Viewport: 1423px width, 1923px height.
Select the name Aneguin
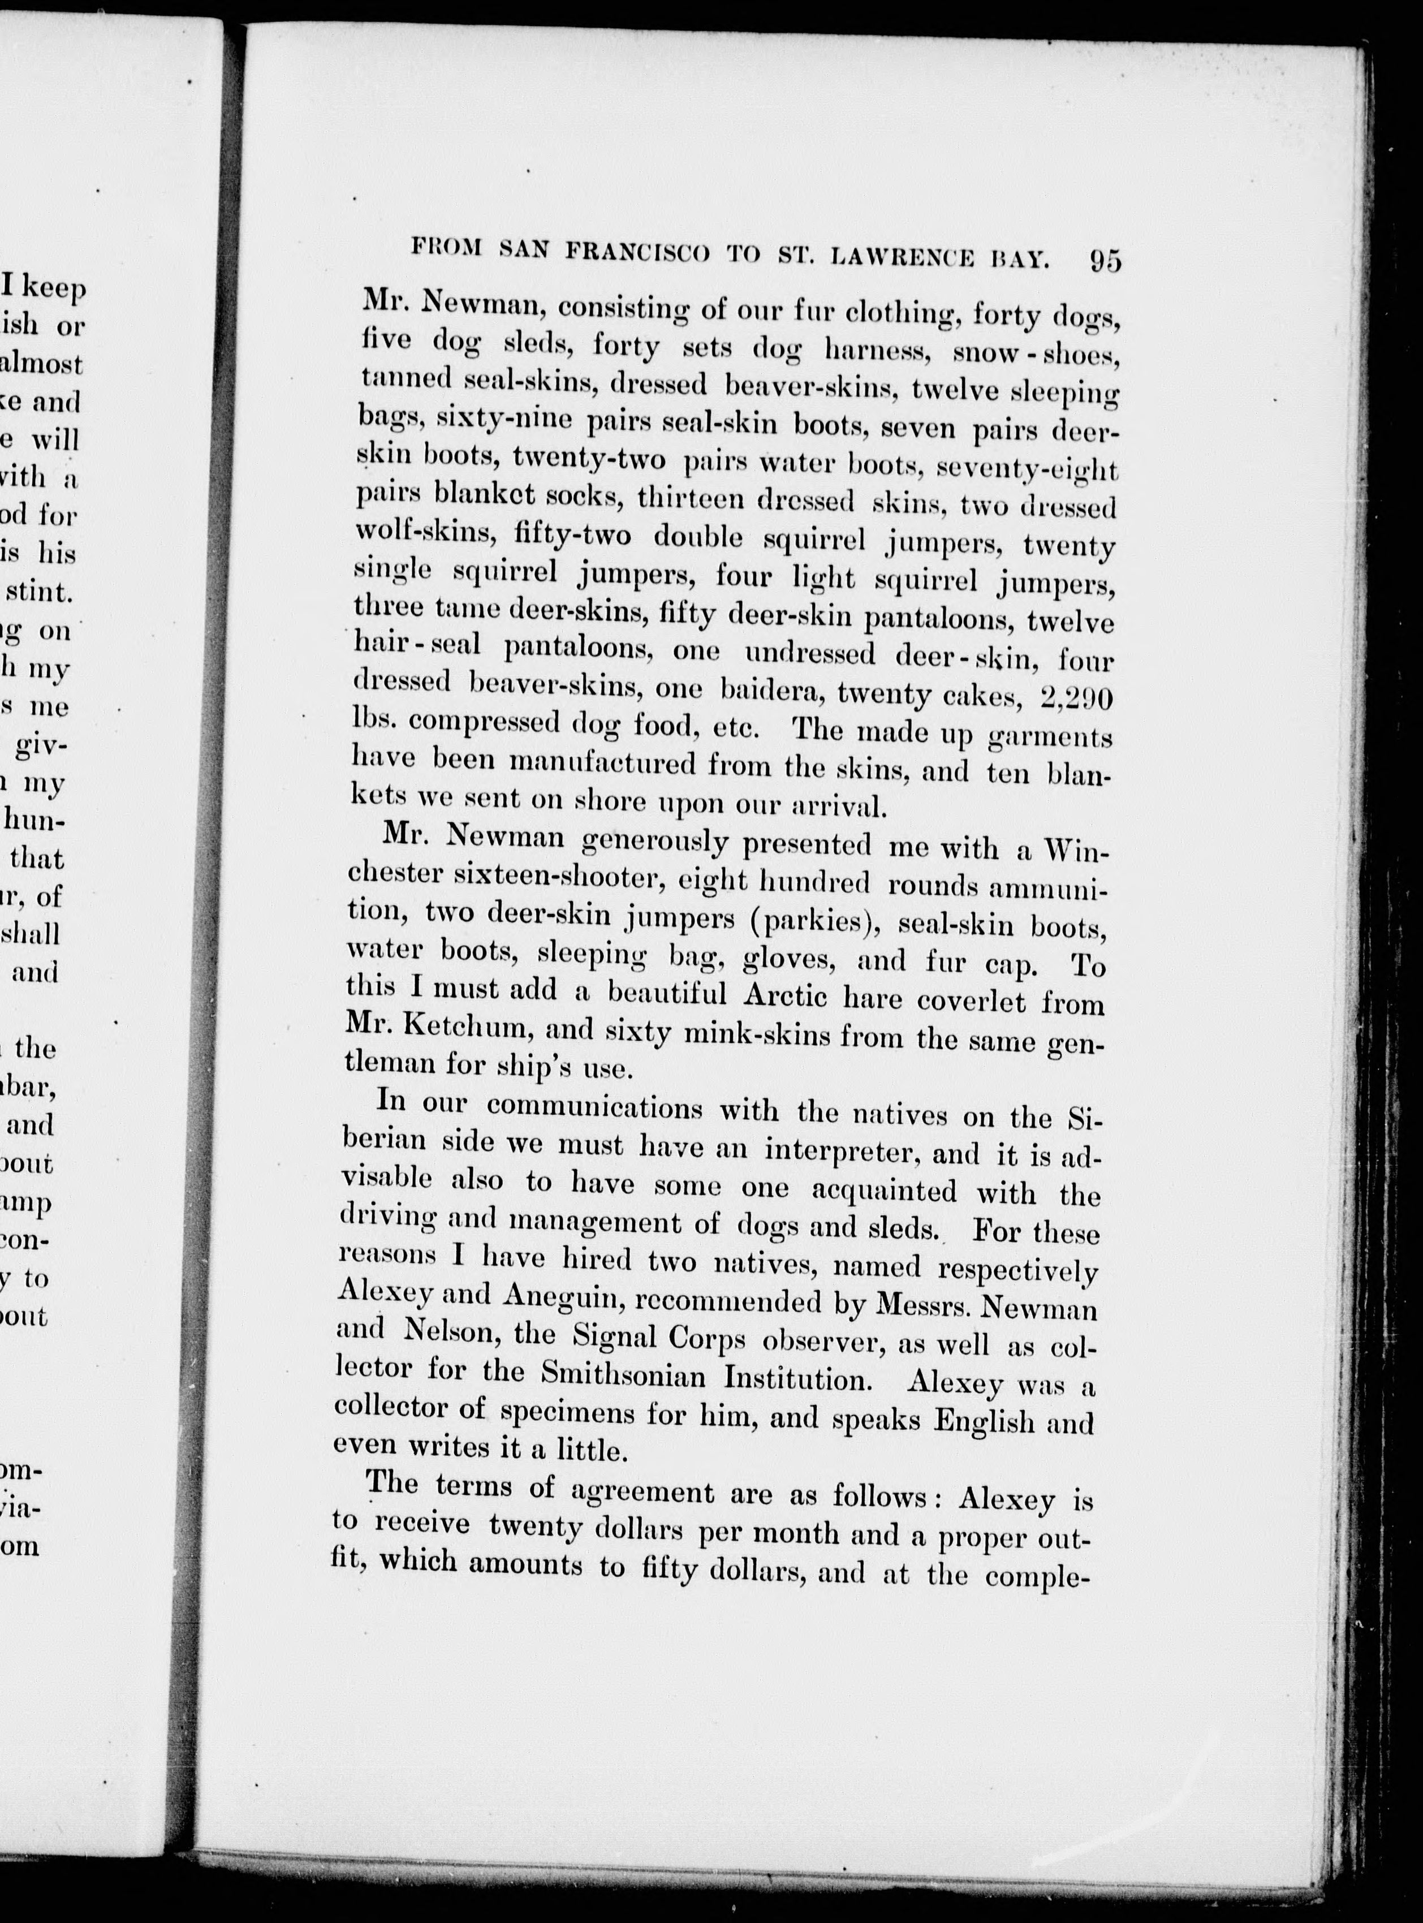coord(560,1296)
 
